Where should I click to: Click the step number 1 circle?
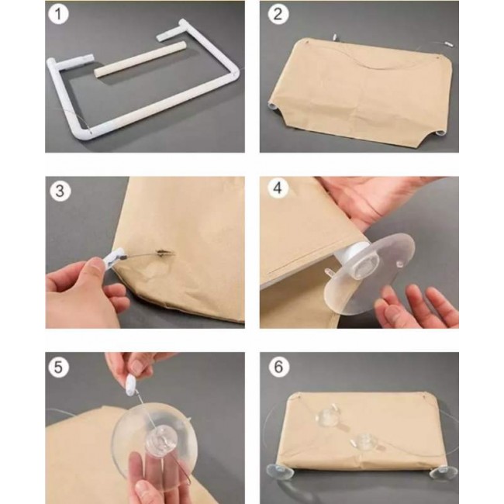58,15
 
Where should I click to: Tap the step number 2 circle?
278,15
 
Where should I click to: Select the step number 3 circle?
60,191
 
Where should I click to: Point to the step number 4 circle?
278,188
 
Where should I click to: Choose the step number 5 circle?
58,367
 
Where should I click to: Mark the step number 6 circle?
278,367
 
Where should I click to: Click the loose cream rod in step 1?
140,59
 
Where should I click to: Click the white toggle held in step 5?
132,385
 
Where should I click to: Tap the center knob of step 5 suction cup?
160,437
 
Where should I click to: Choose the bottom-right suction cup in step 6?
444,474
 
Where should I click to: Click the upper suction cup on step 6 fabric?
328,416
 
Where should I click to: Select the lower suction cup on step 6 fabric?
365,444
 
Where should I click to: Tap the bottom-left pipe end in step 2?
273,105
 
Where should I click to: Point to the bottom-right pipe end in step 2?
440,133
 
